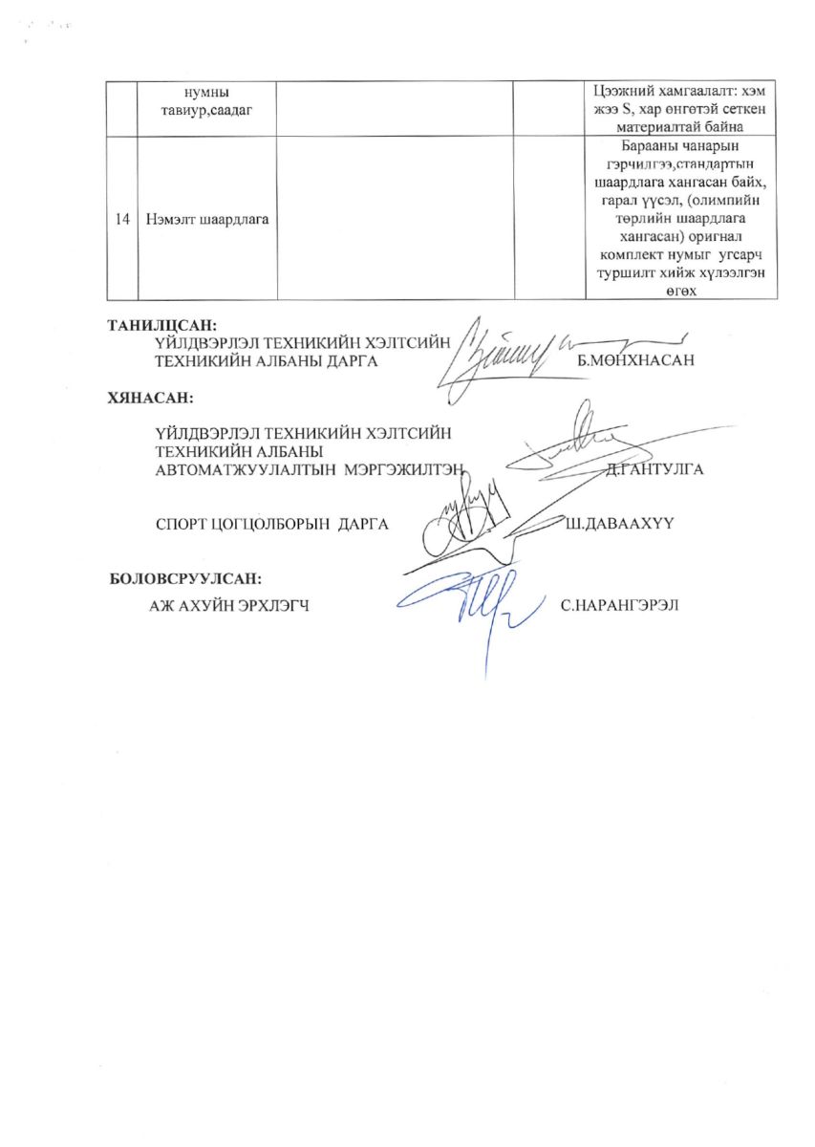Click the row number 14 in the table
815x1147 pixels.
(121, 220)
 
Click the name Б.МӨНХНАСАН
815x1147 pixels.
(633, 360)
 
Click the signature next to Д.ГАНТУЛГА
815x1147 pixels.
(573, 444)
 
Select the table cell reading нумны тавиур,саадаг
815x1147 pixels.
(206, 98)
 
